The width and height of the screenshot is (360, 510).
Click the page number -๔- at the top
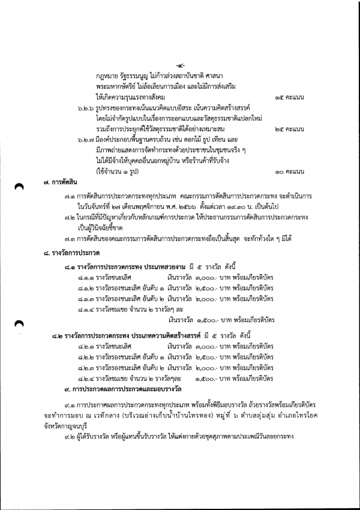[180, 65]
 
